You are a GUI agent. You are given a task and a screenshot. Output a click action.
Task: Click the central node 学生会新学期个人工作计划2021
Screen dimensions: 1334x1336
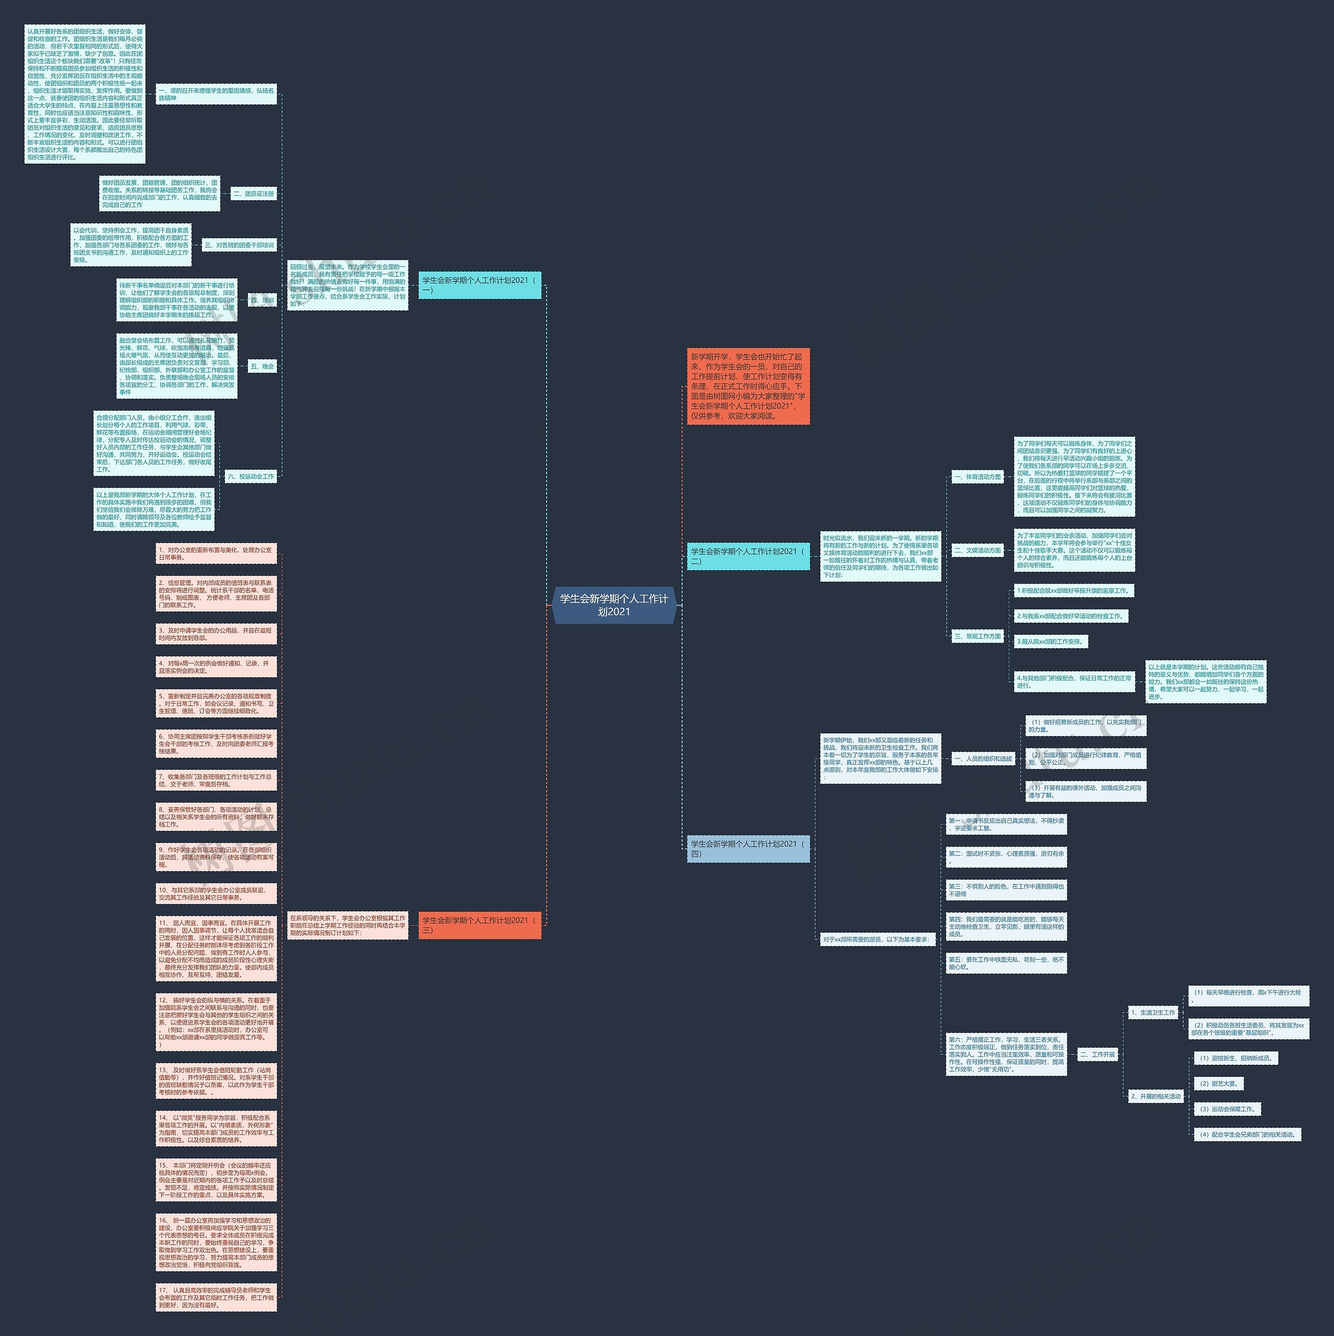(x=614, y=605)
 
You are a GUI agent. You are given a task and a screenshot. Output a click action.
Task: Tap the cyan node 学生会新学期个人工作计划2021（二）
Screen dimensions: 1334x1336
(x=748, y=556)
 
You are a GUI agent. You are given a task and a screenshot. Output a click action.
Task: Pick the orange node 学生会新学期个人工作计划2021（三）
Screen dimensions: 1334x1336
(x=480, y=925)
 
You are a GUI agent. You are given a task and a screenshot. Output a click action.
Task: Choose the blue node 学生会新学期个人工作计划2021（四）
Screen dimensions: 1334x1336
(x=748, y=849)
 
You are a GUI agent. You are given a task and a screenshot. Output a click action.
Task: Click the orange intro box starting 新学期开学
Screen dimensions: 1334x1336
(x=748, y=387)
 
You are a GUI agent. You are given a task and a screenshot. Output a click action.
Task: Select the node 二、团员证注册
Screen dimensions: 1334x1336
(x=254, y=193)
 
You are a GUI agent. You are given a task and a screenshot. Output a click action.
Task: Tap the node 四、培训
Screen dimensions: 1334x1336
(x=263, y=300)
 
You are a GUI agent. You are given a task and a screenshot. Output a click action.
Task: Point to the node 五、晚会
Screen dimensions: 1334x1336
(x=263, y=366)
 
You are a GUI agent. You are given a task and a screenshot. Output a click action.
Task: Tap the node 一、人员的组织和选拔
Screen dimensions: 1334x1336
(x=983, y=758)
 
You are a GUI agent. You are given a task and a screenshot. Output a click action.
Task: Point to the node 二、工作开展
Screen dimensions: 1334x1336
(x=1097, y=1055)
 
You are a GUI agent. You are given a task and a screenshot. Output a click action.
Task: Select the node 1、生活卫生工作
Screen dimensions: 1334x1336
(x=1153, y=1012)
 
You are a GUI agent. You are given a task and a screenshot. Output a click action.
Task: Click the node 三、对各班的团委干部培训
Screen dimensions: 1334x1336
(x=240, y=245)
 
